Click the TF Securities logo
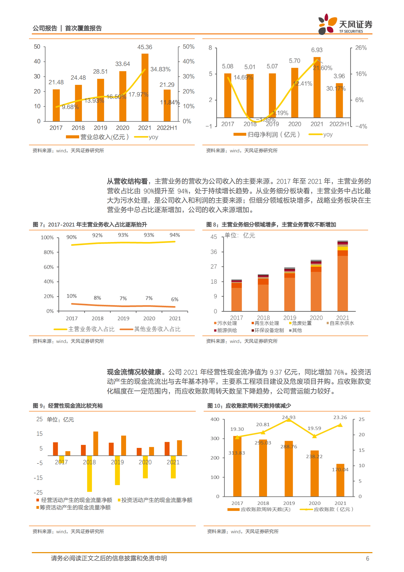pos(345,24)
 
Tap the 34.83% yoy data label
pos(160,69)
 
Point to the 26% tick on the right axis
pos(361,48)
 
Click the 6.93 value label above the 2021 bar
pos(317,50)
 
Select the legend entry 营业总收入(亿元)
pos(97,137)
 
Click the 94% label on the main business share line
pos(175,235)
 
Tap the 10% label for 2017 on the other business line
pos(72,296)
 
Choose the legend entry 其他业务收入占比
pos(150,329)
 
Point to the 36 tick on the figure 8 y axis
pos(214,252)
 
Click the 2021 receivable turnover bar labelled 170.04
pos(340,480)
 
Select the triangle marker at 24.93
pos(289,420)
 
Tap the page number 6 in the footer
pos(367,558)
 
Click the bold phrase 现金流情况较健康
pos(134,372)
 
